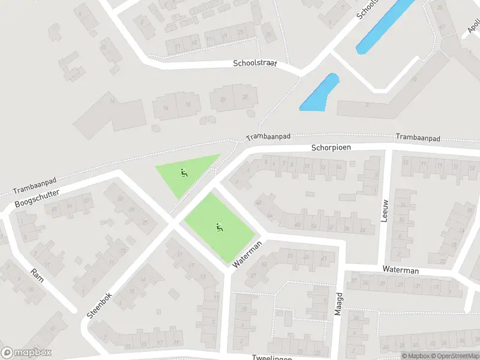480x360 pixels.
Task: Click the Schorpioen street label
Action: [x=331, y=147]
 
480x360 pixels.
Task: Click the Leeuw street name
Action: [x=385, y=210]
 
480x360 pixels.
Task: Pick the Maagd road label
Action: [x=337, y=305]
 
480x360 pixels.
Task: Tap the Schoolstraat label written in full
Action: [x=255, y=63]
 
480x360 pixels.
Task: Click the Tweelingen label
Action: [x=272, y=358]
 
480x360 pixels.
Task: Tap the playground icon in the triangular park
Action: [x=184, y=174]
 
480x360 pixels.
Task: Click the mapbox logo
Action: [x=26, y=353]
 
